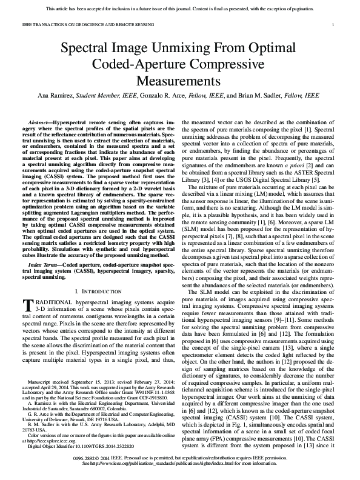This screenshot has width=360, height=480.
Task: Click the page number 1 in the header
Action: coord(335,24)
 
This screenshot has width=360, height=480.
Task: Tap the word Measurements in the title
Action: coord(180,81)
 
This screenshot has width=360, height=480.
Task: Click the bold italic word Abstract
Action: coord(41,123)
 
